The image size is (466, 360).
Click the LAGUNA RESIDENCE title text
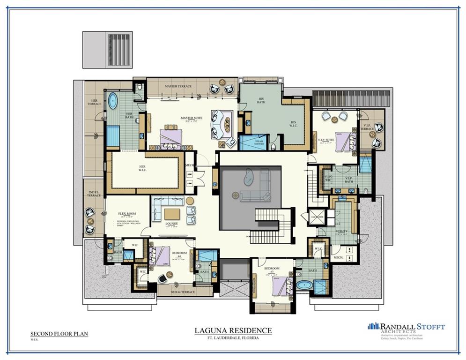click(233, 330)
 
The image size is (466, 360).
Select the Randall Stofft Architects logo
click(406, 327)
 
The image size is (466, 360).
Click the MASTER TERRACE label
click(178, 87)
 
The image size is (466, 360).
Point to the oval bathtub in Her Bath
click(113, 101)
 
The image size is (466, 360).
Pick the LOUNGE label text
click(171, 224)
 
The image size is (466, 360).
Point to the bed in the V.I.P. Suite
click(343, 141)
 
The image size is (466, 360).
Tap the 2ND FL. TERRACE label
click(94, 193)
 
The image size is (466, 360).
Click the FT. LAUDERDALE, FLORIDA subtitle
click(233, 338)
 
